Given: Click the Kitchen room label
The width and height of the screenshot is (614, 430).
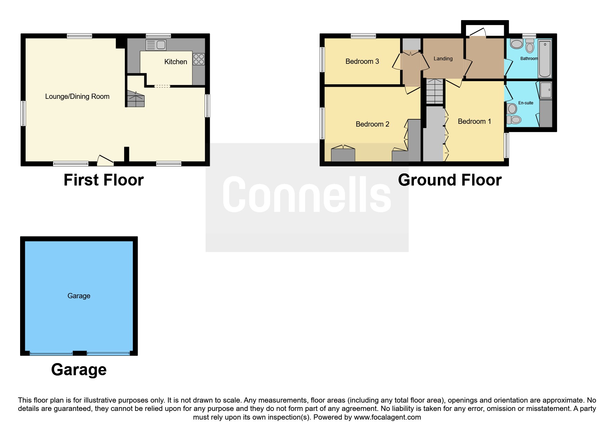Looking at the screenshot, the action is coord(175,62).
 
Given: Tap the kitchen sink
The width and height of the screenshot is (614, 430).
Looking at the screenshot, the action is coord(156,45).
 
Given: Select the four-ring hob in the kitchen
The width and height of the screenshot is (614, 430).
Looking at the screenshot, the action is coord(199,59).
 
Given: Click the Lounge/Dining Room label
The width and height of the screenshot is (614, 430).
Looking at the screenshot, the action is coord(77,96).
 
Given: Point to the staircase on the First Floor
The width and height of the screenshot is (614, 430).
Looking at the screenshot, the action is coord(136,99).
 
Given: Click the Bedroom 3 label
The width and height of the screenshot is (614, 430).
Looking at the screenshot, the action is coord(362,61).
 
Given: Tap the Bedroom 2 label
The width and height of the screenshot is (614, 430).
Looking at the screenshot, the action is coord(372,124).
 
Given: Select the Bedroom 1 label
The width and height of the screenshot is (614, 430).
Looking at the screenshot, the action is coord(474,121).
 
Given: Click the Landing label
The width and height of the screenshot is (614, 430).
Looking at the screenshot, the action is coord(443,59).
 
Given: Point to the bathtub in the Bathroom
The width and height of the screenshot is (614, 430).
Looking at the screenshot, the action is coord(544,59).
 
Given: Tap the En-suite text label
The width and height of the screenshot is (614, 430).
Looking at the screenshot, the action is coord(526,103).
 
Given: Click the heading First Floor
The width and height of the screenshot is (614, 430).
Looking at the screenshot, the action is coord(104,180).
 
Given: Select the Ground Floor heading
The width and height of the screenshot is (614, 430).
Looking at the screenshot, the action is coord(450,180).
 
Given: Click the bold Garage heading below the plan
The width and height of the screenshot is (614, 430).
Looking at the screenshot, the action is coord(79,370).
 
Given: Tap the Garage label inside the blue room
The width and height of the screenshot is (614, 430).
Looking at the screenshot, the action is coord(79,296).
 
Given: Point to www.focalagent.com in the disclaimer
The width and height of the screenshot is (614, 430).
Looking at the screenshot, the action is coord(387,417).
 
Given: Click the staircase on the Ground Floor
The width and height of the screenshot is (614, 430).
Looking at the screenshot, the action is coord(435,91).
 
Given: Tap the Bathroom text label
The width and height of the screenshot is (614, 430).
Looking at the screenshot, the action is coord(529,59).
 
